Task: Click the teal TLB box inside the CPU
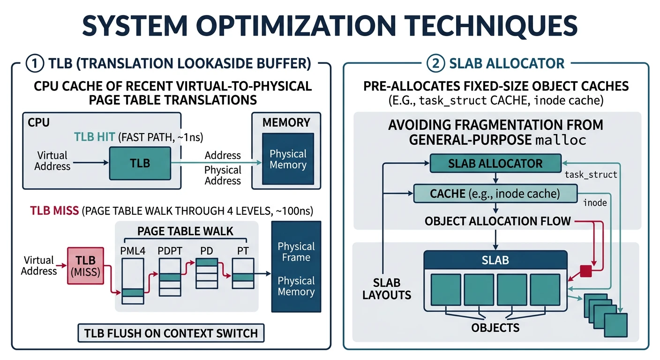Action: click(x=140, y=163)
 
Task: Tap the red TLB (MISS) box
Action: click(x=85, y=266)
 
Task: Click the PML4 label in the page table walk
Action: click(x=133, y=251)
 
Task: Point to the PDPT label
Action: click(x=169, y=251)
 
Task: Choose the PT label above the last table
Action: click(x=243, y=251)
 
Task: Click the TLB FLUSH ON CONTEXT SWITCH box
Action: click(x=171, y=333)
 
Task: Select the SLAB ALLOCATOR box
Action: click(x=495, y=164)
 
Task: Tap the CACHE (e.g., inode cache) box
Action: click(x=495, y=193)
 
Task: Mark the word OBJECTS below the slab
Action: click(x=495, y=327)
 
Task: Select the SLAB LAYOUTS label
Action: click(x=387, y=289)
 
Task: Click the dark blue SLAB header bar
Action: click(x=495, y=260)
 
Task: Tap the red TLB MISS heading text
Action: click(x=54, y=210)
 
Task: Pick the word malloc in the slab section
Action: click(x=561, y=140)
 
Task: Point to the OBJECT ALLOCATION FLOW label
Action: click(x=497, y=221)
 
